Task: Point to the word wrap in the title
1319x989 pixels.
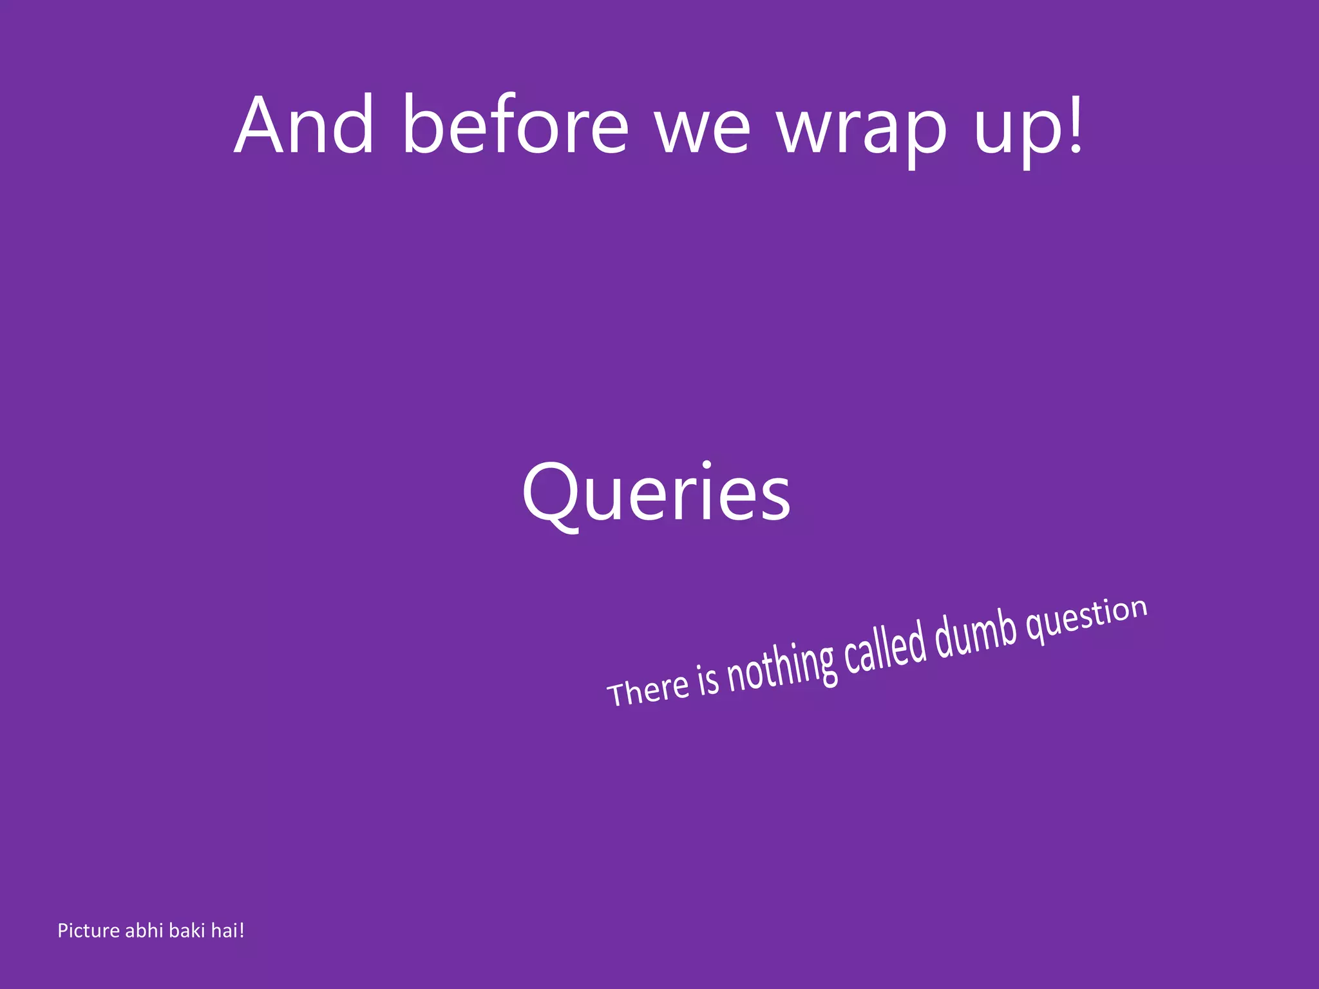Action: [x=862, y=132]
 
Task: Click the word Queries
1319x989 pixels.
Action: [x=656, y=494]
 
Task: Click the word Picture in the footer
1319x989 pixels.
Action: [x=89, y=931]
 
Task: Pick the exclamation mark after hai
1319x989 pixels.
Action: [x=242, y=931]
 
